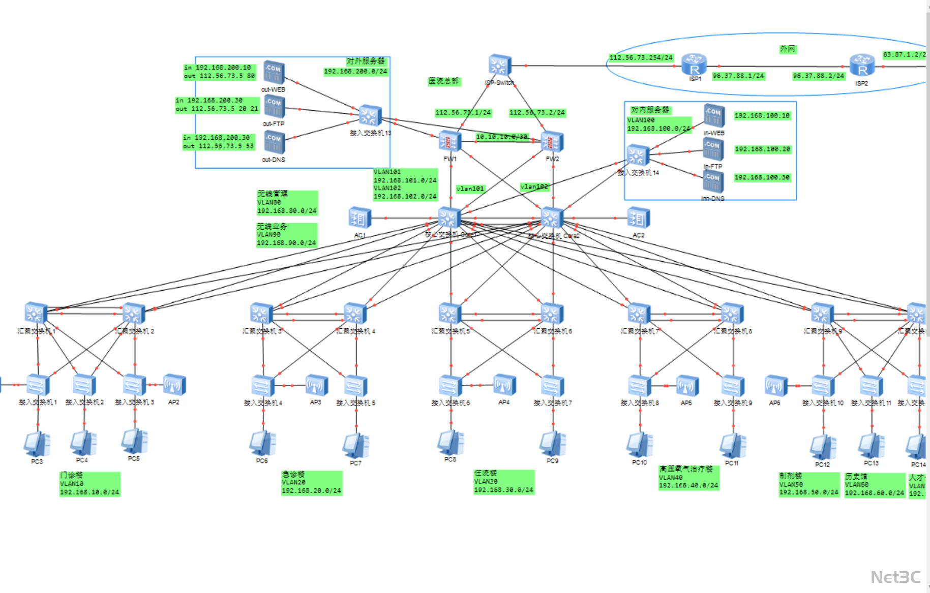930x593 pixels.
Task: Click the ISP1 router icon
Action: coord(694,65)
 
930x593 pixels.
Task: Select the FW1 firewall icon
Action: coord(450,142)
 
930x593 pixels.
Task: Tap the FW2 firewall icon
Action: coord(552,142)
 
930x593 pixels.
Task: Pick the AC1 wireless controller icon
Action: coord(359,218)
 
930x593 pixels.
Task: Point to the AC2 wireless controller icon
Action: coord(638,218)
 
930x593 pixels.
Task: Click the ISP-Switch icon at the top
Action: coord(499,66)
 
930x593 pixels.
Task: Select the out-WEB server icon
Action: coord(274,73)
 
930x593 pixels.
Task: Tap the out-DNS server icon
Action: coord(274,142)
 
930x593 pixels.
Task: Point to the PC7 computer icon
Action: coord(355,446)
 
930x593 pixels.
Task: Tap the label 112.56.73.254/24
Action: coord(641,58)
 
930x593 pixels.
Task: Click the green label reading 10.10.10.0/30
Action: coord(501,137)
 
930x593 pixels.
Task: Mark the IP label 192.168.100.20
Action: coord(762,149)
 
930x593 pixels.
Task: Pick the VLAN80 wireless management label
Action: coord(287,202)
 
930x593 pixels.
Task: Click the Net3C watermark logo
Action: coord(895,577)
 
